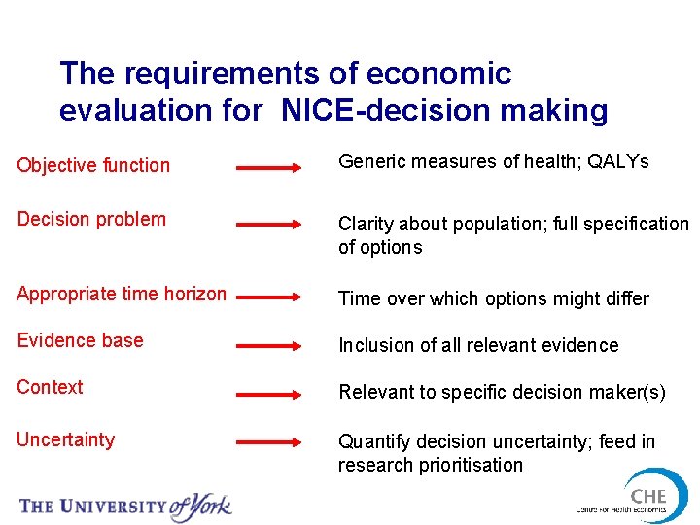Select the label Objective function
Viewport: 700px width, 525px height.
click(x=93, y=165)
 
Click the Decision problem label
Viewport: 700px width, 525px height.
click(x=91, y=219)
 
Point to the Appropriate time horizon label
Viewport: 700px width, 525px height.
click(x=122, y=294)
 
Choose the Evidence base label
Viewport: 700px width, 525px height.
click(x=80, y=340)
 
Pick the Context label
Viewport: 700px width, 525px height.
click(x=50, y=387)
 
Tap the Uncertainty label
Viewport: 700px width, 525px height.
click(x=65, y=439)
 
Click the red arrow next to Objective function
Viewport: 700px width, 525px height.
click(x=270, y=168)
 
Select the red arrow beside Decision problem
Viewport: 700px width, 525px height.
click(x=270, y=225)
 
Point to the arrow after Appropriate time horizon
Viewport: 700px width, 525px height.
click(x=270, y=298)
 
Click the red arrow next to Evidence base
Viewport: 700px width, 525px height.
click(x=270, y=344)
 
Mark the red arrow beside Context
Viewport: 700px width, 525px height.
click(x=270, y=395)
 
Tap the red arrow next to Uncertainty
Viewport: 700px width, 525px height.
click(x=270, y=442)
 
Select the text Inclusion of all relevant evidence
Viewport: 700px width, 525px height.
click(x=478, y=345)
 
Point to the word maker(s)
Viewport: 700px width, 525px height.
click(x=629, y=393)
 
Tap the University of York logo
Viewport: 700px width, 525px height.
click(x=125, y=505)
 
